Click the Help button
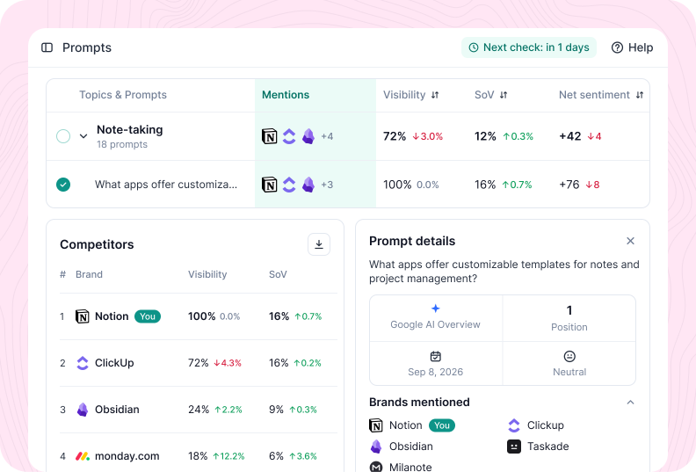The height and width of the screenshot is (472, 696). pos(632,47)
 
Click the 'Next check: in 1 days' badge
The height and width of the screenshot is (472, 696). pos(529,47)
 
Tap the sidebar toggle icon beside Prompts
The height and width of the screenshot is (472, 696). pos(47,47)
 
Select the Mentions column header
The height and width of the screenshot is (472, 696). pos(286,95)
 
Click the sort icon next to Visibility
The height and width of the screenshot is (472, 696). pos(435,95)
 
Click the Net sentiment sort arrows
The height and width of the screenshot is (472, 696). pos(639,95)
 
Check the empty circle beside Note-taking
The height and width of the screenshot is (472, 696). pos(63,136)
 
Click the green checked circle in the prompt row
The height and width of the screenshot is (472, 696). pos(63,185)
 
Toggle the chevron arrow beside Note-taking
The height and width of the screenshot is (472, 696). pos(83,136)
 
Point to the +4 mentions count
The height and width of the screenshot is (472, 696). pos(327,136)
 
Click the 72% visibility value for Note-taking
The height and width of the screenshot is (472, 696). pos(395,136)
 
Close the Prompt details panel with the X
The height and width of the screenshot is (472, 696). pos(630,241)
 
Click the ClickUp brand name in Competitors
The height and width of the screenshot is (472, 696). pos(114,363)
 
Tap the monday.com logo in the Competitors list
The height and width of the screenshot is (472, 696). pos(83,456)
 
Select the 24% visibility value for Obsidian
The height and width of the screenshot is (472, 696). pos(199,410)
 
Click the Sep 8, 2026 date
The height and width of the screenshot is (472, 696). pos(436,372)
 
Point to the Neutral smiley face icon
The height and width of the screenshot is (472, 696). pos(569,356)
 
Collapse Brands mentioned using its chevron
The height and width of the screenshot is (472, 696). pos(630,403)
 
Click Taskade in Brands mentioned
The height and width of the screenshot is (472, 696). pos(548,447)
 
